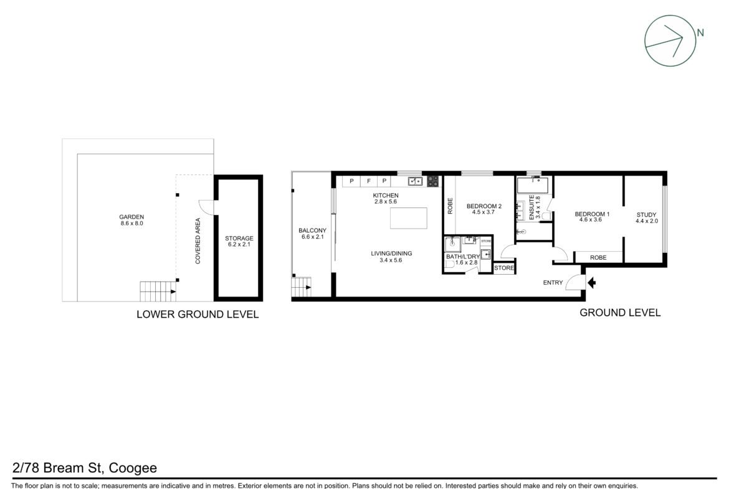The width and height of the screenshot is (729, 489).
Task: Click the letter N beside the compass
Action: click(700, 33)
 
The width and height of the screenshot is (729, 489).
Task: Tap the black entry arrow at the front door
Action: click(591, 282)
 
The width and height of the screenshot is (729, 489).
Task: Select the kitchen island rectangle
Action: click(408, 218)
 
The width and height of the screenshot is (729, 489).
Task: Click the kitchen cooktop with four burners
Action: click(432, 181)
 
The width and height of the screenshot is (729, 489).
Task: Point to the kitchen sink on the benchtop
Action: click(415, 181)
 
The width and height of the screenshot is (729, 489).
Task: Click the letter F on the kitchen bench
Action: click(369, 181)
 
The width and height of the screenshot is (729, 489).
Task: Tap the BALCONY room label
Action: click(312, 230)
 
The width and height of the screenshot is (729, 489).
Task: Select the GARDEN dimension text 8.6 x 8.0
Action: click(131, 223)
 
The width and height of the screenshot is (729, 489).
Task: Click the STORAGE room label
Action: click(239, 239)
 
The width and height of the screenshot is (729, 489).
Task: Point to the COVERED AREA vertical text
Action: click(198, 241)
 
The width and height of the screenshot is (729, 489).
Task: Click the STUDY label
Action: click(646, 215)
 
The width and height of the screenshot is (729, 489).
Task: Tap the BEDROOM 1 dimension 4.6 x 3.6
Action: click(591, 220)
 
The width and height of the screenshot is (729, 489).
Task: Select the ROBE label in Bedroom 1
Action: click(598, 257)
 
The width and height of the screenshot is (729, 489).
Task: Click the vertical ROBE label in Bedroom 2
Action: click(450, 206)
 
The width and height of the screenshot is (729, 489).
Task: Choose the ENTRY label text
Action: click(553, 283)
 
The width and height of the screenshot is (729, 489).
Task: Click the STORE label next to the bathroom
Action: click(504, 268)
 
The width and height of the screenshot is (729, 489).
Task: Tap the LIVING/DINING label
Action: click(391, 254)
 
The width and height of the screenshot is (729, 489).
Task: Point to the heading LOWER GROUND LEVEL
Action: click(198, 315)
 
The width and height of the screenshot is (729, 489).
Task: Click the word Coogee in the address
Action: click(133, 468)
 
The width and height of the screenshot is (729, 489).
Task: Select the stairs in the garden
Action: click(158, 292)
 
